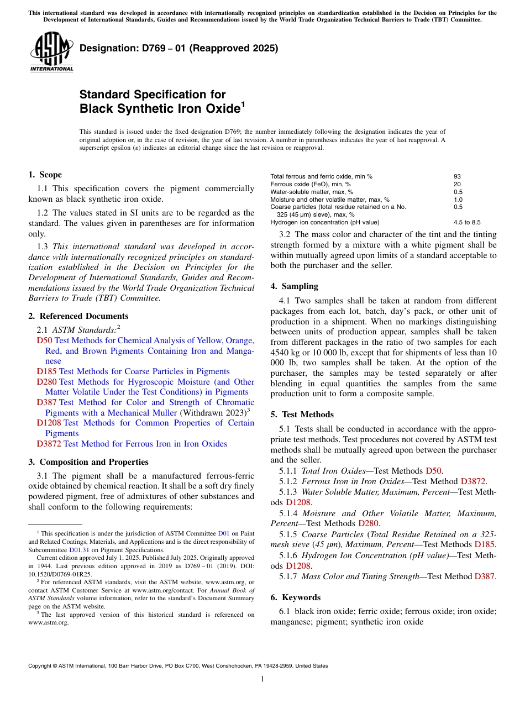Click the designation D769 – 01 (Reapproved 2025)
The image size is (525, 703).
click(x=179, y=49)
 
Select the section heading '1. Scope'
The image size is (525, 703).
click(x=45, y=175)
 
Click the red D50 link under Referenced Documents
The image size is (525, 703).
click(x=44, y=340)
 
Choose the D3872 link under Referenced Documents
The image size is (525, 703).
click(x=49, y=444)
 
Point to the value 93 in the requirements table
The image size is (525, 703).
click(x=457, y=176)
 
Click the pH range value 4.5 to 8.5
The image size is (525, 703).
click(x=467, y=222)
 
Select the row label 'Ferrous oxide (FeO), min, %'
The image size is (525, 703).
click(x=311, y=184)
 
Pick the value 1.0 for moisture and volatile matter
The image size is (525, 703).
click(x=458, y=200)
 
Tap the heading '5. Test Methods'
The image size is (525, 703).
click(x=302, y=415)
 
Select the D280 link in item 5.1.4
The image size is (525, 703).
click(x=368, y=523)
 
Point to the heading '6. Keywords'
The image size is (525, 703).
click(x=295, y=597)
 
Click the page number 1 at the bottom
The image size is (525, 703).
click(x=262, y=679)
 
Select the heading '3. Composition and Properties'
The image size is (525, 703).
click(x=88, y=462)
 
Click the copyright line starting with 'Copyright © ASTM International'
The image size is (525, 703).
click(x=177, y=666)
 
